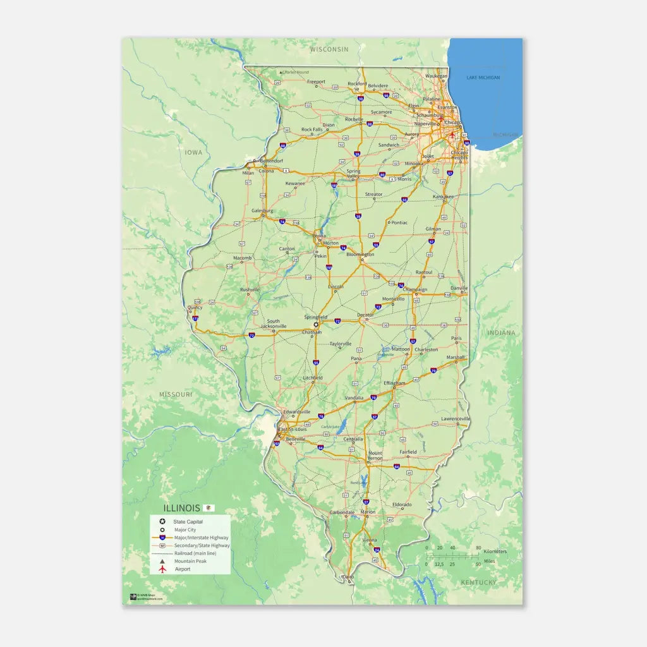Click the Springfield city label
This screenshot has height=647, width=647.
pyautogui.click(x=315, y=317)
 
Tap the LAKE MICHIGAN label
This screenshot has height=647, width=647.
pyautogui.click(x=483, y=78)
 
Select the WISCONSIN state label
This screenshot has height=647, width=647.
pyautogui.click(x=329, y=49)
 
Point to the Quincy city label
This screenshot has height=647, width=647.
pyautogui.click(x=195, y=308)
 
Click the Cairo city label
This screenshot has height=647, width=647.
pyautogui.click(x=348, y=577)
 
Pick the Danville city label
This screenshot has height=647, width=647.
pyautogui.click(x=459, y=288)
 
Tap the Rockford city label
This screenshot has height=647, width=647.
pyautogui.click(x=357, y=83)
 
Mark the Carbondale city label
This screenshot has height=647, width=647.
pyautogui.click(x=342, y=512)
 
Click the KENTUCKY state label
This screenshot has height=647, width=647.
pyautogui.click(x=478, y=582)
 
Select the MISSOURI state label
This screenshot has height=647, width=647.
pyautogui.click(x=175, y=394)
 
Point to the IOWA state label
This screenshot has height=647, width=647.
pyautogui.click(x=193, y=152)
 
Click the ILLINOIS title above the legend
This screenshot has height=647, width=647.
pyautogui.click(x=181, y=508)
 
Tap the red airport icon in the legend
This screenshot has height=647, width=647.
pyautogui.click(x=162, y=569)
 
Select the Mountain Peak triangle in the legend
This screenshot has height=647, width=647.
pyautogui.click(x=162, y=561)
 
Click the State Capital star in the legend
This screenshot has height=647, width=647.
pyautogui.click(x=162, y=521)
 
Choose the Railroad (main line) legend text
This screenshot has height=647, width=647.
pyautogui.click(x=195, y=553)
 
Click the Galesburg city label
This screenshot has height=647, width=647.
pyautogui.click(x=262, y=210)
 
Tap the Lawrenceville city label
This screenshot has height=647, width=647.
pyautogui.click(x=456, y=418)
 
